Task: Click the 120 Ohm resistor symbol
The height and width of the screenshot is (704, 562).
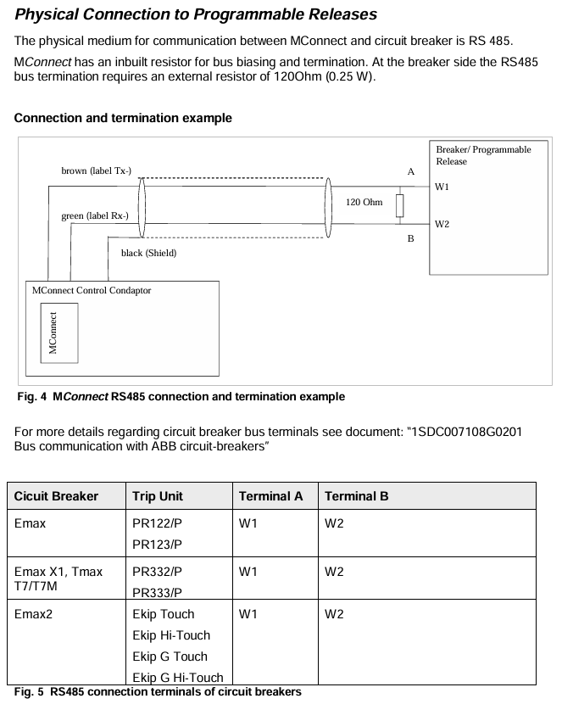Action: tap(399, 206)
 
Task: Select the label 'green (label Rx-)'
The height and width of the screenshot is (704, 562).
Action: tap(95, 216)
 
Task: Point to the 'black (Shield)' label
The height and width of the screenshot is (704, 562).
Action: tap(148, 253)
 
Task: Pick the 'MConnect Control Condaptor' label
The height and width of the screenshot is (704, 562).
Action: tap(92, 290)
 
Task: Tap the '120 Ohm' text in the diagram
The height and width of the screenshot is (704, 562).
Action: tap(364, 203)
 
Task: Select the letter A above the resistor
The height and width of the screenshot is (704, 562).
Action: tap(411, 171)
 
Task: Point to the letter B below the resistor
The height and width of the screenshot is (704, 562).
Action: tap(411, 240)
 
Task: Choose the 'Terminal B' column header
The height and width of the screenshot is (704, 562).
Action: tap(356, 496)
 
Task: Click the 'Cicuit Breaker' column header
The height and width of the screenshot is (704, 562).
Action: tap(56, 496)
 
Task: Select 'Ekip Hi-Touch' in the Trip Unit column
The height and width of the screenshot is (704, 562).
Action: tap(171, 635)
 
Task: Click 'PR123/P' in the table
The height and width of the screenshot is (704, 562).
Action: tap(158, 545)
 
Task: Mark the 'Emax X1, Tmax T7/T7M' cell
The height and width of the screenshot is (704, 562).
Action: tap(58, 579)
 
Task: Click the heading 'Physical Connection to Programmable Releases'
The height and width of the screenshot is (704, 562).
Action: tap(196, 14)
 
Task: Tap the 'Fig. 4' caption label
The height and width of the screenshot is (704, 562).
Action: tap(31, 397)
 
